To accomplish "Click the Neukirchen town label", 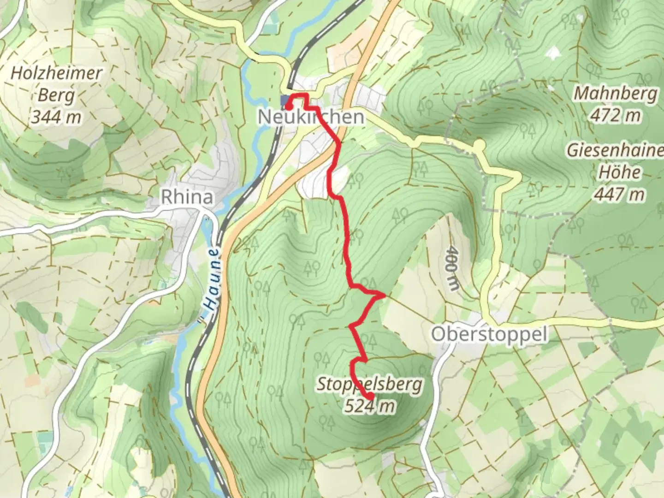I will pyautogui.click(x=311, y=117).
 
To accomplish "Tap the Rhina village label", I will pyautogui.click(x=187, y=197).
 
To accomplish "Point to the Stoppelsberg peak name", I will pyautogui.click(x=369, y=384).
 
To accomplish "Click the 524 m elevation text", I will pyautogui.click(x=370, y=406).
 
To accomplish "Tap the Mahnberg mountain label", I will pyautogui.click(x=616, y=94).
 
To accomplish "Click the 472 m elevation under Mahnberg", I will pyautogui.click(x=616, y=115).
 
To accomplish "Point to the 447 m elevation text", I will pyautogui.click(x=619, y=194).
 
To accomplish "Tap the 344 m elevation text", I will pyautogui.click(x=56, y=117).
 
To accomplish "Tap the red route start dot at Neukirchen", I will pyautogui.click(x=288, y=107).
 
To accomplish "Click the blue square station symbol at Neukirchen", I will pyautogui.click(x=284, y=100).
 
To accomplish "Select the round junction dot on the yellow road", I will pyautogui.click(x=479, y=145).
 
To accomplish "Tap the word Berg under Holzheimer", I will pyautogui.click(x=56, y=95).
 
